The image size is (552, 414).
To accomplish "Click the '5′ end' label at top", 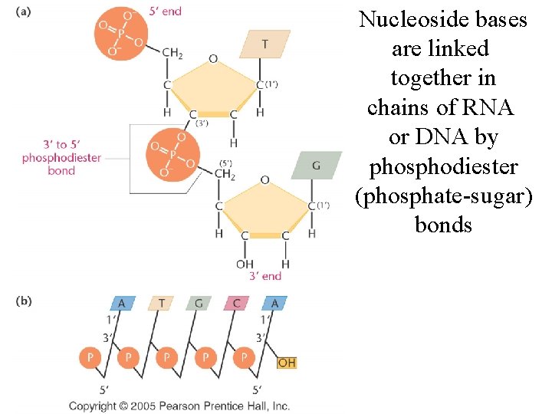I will click(166, 11).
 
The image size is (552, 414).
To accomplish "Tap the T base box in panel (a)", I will click(264, 44).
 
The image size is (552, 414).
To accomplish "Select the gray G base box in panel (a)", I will click(316, 165).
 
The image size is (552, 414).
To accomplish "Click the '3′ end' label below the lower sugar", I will click(266, 276).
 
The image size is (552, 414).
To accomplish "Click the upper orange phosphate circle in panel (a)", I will click(120, 34).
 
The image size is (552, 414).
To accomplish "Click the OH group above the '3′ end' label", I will click(245, 264).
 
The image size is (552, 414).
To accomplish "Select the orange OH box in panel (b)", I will click(286, 362).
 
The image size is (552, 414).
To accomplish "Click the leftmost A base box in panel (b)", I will click(121, 304).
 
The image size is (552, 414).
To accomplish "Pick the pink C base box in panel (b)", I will click(236, 304).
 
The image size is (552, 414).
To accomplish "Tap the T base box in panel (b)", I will click(161, 304).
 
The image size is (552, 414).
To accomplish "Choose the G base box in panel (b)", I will click(199, 304).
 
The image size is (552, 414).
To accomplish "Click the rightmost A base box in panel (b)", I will click(274, 304).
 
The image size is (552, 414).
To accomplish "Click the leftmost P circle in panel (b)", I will click(90, 358).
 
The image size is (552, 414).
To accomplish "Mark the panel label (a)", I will click(24, 12).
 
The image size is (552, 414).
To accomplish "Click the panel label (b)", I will click(24, 301).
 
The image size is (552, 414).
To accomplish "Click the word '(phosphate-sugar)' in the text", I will click(443, 195).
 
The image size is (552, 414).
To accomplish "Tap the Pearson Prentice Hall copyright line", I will click(179, 406).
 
